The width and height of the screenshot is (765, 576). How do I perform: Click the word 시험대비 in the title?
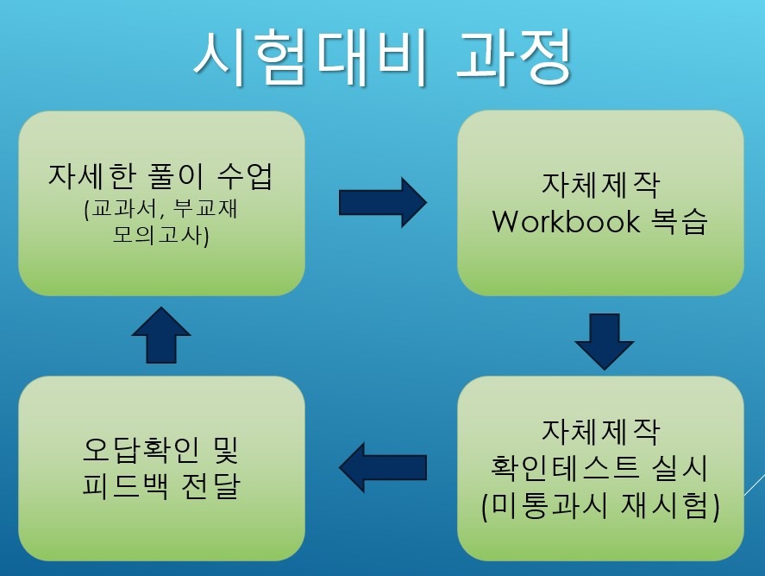click(x=311, y=57)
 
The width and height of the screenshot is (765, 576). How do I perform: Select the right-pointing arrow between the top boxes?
click(x=383, y=202)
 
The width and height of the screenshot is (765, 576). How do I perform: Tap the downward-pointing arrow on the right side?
click(x=605, y=341)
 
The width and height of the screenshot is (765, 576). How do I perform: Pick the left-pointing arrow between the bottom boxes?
click(x=383, y=467)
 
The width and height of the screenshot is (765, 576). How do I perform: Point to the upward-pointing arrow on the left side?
click(x=161, y=335)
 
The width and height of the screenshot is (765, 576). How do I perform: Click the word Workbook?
click(x=566, y=222)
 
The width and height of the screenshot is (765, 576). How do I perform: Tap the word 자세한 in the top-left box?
click(x=91, y=176)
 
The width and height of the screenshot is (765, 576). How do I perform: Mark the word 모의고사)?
click(x=161, y=235)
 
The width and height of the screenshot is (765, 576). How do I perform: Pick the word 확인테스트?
click(x=565, y=467)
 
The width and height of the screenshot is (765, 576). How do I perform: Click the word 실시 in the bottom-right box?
click(x=679, y=467)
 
